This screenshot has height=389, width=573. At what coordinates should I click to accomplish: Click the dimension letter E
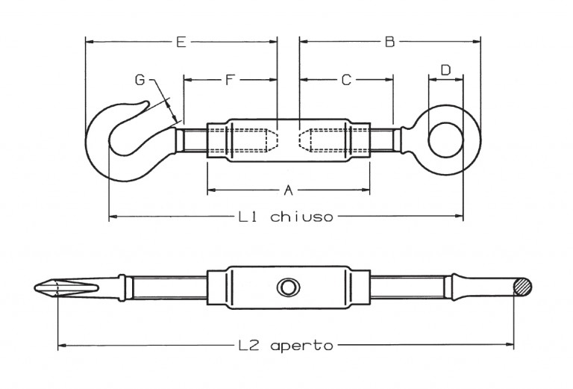click(x=181, y=42)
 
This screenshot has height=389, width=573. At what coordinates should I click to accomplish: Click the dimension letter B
click(x=390, y=42)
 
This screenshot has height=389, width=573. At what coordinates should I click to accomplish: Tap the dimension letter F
click(x=230, y=79)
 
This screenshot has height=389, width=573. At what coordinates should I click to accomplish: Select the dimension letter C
click(x=346, y=80)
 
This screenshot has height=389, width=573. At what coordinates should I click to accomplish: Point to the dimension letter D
click(x=446, y=70)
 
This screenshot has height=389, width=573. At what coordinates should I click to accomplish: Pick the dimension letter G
click(x=140, y=80)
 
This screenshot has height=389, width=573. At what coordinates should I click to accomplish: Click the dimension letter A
click(x=289, y=190)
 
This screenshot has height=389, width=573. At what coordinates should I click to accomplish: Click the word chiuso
click(x=302, y=217)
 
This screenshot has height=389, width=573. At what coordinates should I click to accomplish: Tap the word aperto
click(x=302, y=346)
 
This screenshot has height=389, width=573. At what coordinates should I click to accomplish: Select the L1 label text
click(x=248, y=217)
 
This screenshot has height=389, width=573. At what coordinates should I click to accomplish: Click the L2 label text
click(x=248, y=345)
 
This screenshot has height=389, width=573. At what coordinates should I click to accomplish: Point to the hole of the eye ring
click(x=446, y=140)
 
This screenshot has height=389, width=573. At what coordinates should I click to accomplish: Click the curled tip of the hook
click(x=146, y=104)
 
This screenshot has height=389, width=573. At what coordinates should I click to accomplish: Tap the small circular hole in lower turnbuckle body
click(x=289, y=287)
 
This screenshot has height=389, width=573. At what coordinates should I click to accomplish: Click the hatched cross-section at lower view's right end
click(x=522, y=287)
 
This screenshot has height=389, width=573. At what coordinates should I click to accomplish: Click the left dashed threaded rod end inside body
click(x=273, y=140)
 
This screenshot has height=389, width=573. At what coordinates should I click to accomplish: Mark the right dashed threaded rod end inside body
click(x=304, y=140)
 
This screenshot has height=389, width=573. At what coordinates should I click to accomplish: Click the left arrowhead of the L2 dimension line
click(x=62, y=345)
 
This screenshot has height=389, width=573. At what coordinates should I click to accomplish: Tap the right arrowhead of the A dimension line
click(x=366, y=190)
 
